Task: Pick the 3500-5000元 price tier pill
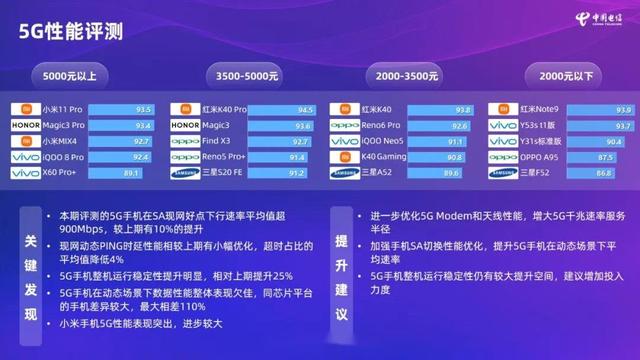(x=241, y=75)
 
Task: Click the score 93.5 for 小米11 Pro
(x=143, y=109)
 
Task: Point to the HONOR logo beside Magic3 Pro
(x=25, y=125)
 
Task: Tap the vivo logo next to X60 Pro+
(x=25, y=173)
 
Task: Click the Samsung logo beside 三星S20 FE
(x=185, y=173)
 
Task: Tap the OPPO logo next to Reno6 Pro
(x=345, y=125)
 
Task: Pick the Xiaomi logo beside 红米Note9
(x=504, y=109)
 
